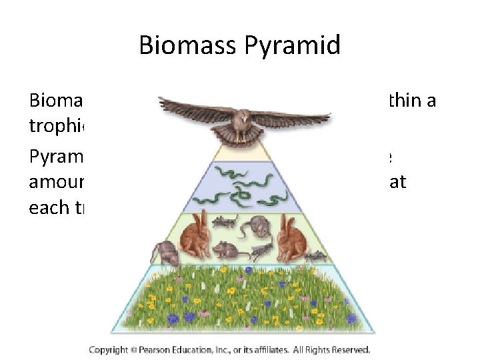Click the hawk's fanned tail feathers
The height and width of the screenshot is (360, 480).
click(x=241, y=136)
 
